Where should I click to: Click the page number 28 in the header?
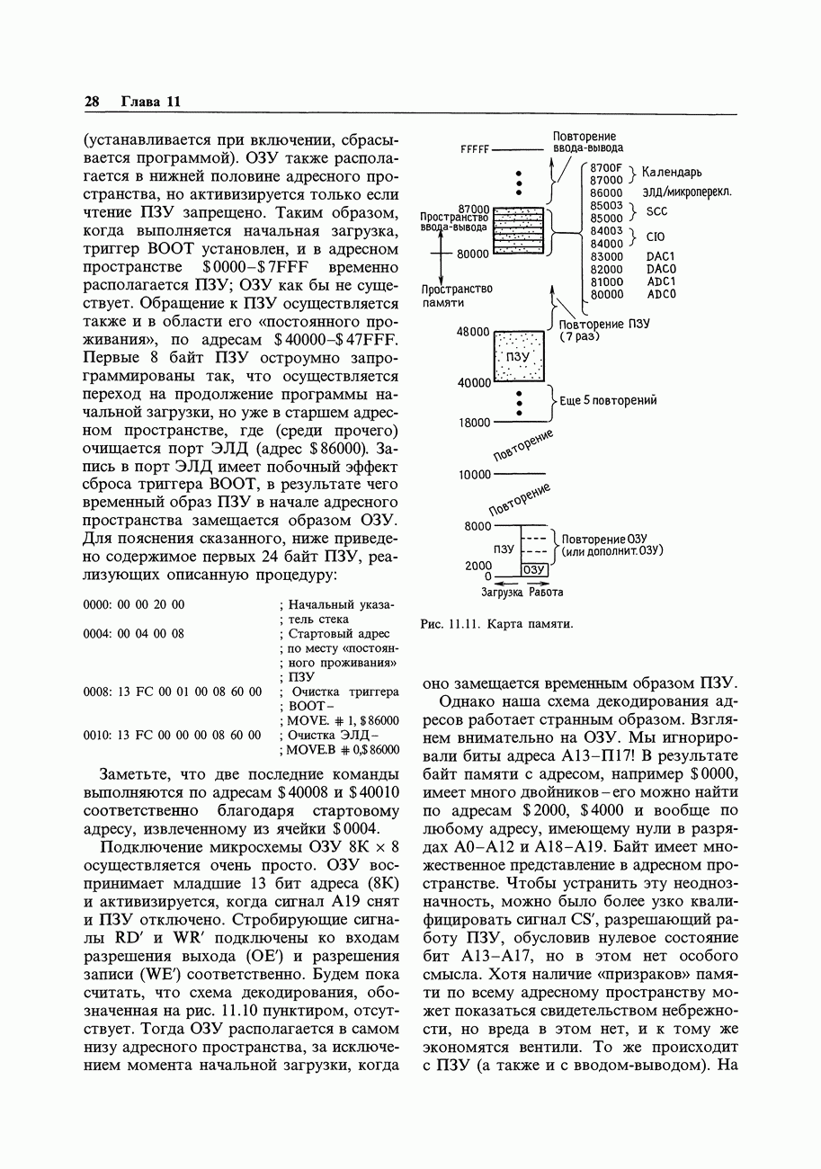click(x=91, y=102)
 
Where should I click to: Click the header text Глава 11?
click(x=151, y=102)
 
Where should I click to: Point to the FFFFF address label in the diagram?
click(x=474, y=149)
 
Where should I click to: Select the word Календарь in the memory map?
click(x=673, y=173)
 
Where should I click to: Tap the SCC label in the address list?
click(x=657, y=212)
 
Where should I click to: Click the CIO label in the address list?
click(x=656, y=237)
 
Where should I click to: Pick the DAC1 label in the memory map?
click(x=661, y=256)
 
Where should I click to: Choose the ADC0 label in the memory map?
click(x=661, y=294)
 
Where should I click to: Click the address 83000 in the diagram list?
click(x=606, y=256)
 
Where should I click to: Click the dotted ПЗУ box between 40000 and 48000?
click(x=520, y=357)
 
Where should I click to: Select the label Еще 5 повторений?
click(x=608, y=400)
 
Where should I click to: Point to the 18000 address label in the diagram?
click(x=474, y=422)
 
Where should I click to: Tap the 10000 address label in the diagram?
click(x=474, y=474)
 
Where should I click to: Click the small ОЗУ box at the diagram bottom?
click(x=535, y=569)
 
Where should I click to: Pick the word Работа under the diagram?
click(x=546, y=593)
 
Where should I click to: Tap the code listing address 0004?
click(x=96, y=634)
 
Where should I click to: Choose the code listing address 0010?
click(x=96, y=735)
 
